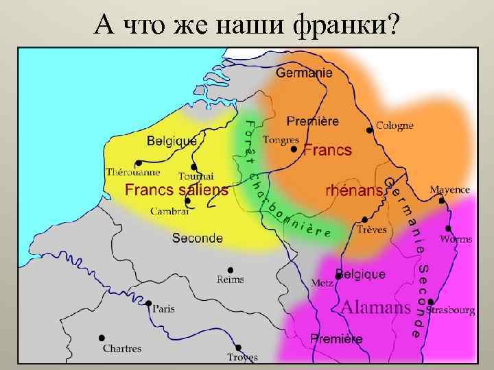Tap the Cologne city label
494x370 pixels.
(x=395, y=125)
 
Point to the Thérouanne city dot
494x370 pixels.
(x=138, y=163)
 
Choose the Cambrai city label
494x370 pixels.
(x=169, y=211)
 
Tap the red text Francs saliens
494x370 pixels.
(x=176, y=190)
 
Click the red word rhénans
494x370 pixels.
(x=353, y=190)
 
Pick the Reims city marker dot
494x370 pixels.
(x=230, y=269)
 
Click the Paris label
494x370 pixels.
(x=163, y=308)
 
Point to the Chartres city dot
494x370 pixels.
(x=102, y=338)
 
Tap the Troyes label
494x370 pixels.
(x=242, y=357)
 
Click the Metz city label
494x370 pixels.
(x=322, y=282)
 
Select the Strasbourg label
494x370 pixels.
(x=450, y=310)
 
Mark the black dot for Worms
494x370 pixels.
(x=448, y=228)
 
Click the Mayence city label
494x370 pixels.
(x=449, y=189)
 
